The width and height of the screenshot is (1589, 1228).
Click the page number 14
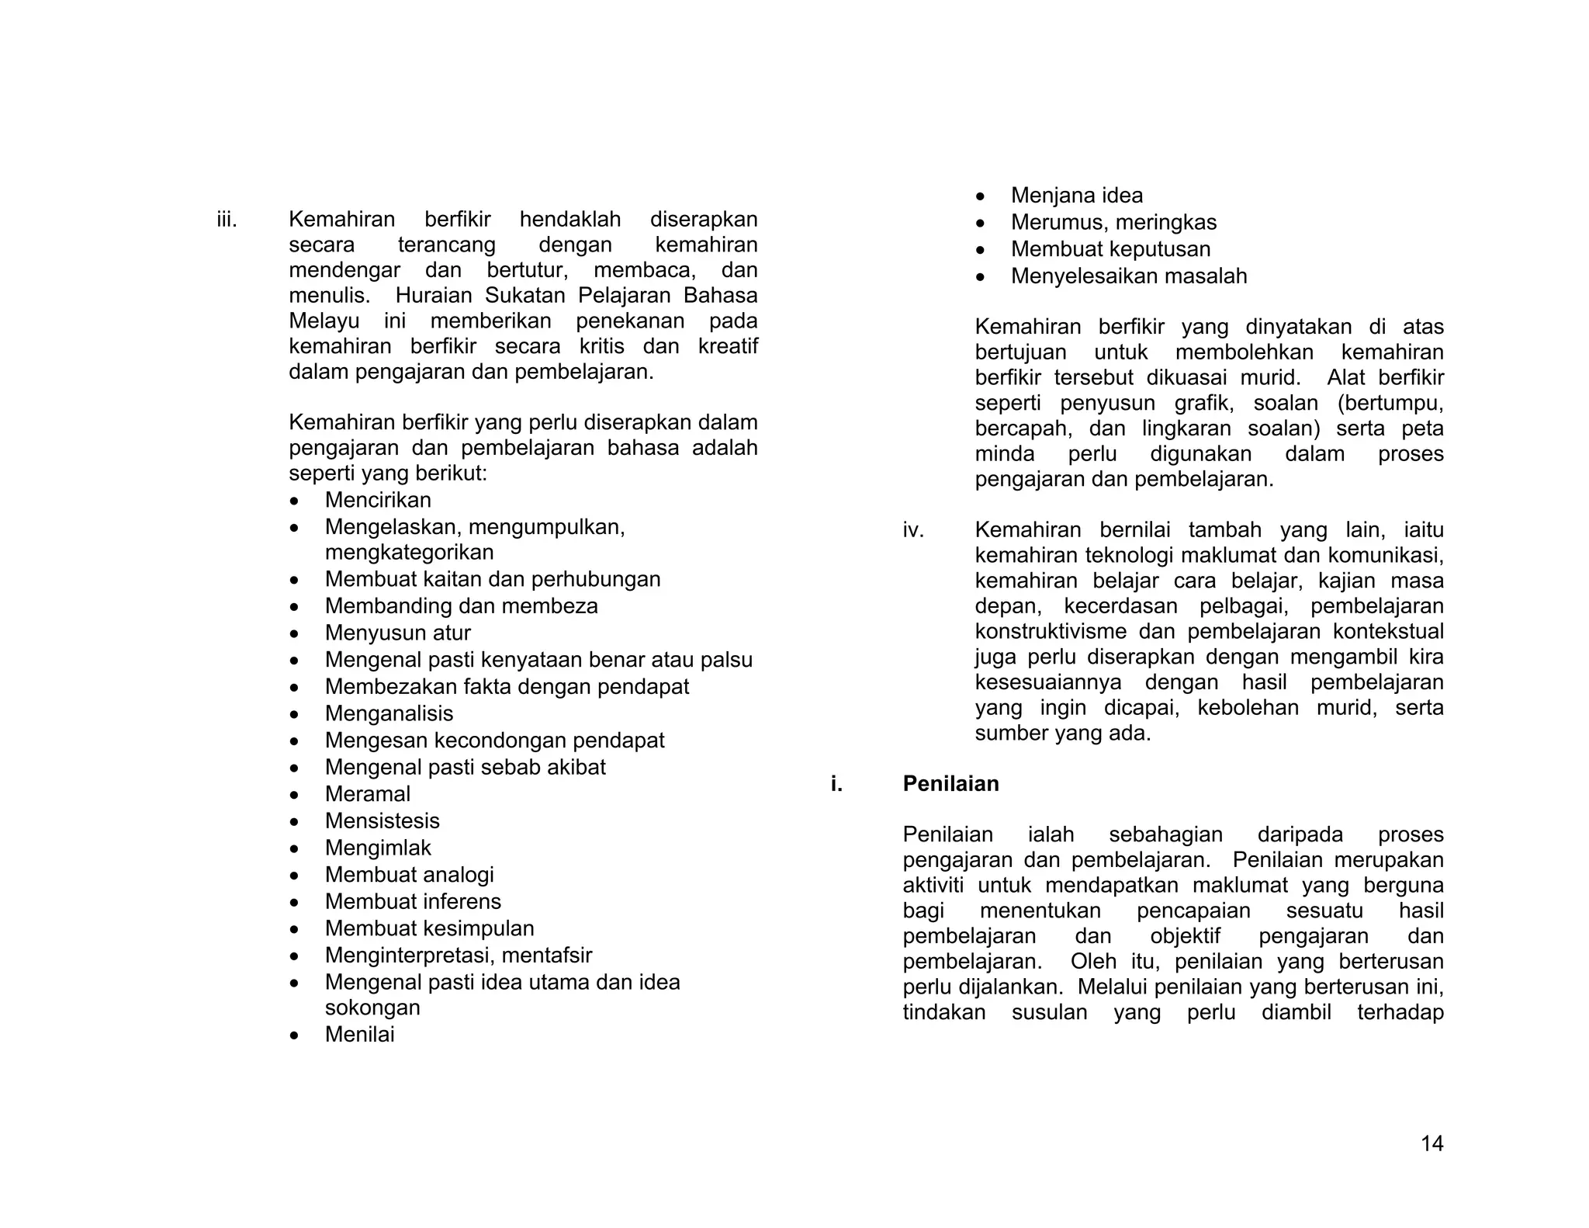pos(1431,1143)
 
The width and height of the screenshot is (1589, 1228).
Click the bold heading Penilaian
pos(950,784)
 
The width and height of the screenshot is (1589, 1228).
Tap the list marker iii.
pos(227,220)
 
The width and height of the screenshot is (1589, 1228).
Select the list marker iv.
pos(913,530)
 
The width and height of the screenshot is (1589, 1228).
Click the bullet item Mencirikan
pos(378,500)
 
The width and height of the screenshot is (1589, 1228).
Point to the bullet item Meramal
pos(367,794)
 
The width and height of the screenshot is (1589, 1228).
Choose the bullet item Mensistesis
pos(382,821)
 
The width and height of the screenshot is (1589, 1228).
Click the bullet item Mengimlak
pos(378,848)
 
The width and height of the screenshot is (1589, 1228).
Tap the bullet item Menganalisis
pos(389,713)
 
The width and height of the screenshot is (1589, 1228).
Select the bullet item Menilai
pos(359,1035)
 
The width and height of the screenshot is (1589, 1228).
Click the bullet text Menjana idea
pos(1076,196)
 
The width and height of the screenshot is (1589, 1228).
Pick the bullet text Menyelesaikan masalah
pos(1128,276)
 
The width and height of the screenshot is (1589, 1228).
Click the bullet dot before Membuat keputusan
pos(981,250)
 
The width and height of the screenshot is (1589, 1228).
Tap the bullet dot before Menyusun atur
pos(294,634)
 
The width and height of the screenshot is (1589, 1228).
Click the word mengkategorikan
pos(409,553)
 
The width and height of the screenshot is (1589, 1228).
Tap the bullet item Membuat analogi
pos(409,875)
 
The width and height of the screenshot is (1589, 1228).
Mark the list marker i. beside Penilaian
pos(836,784)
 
